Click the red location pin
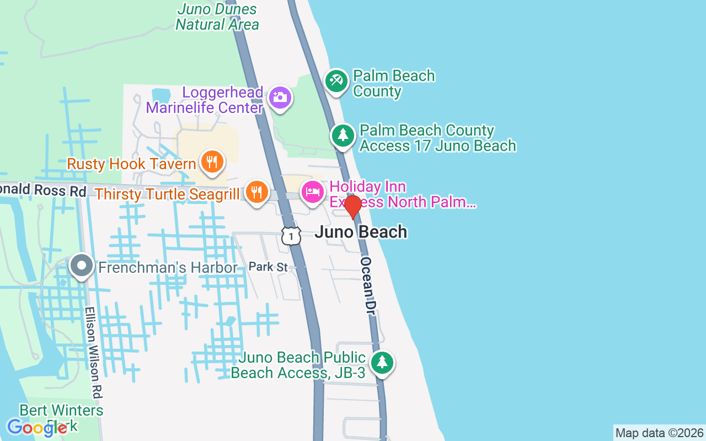coord(353,207)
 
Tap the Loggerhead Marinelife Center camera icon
coord(280,98)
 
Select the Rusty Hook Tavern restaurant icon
coord(212,162)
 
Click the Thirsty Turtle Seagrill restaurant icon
coord(256,192)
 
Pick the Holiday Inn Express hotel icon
coord(313,192)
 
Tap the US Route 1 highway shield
coord(291,235)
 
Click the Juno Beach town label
coord(361,232)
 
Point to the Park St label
coord(268,267)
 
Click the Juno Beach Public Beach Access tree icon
coord(382,363)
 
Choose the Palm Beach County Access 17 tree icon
coord(343,135)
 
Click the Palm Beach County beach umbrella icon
coord(335,81)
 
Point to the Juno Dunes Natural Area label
coord(217,17)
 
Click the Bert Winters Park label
coord(61,417)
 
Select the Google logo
coord(36,428)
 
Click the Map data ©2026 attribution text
coord(659,433)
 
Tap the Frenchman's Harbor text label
coord(168,268)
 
